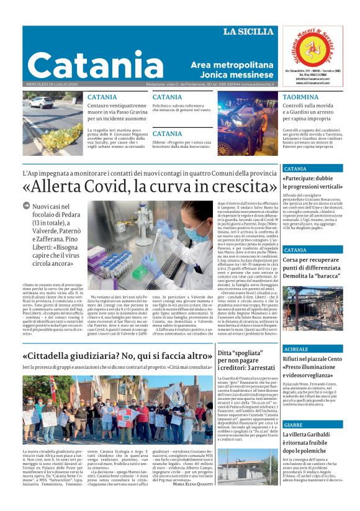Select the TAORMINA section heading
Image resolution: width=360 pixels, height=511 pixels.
[x=300, y=97]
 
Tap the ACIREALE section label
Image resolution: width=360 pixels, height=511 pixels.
[x=295, y=349]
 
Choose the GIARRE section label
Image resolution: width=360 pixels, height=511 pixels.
[x=293, y=424]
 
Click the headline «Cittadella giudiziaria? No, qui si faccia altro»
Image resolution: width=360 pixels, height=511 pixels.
[x=117, y=356]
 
